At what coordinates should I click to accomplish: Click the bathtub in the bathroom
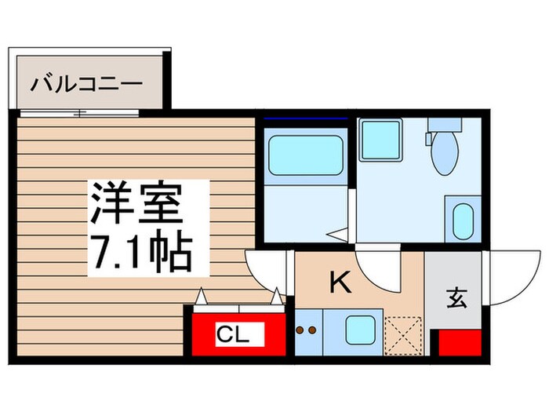click(x=306, y=155)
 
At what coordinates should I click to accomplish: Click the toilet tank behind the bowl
click(x=444, y=126)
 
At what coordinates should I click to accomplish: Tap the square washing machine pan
click(x=381, y=140)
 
